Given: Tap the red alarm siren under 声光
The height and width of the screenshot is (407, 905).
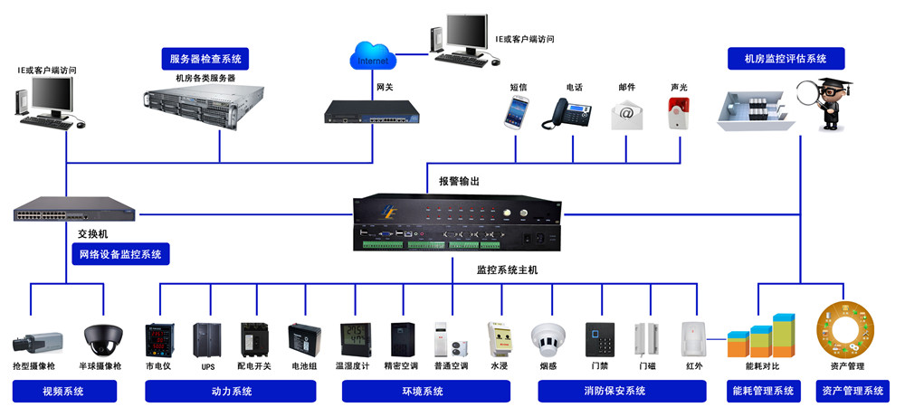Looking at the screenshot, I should click(x=677, y=115).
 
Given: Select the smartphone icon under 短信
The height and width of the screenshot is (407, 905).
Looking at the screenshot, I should click(x=517, y=115).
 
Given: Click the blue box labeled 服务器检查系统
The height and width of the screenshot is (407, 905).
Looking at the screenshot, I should click(x=206, y=59).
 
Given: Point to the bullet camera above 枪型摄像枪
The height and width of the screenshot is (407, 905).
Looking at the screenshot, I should click(x=37, y=341).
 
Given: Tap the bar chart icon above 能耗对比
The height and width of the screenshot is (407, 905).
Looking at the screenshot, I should click(x=762, y=336).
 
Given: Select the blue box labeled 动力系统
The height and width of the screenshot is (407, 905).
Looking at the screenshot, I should click(x=230, y=391).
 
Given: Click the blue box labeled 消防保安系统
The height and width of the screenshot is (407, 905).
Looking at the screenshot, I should click(x=622, y=391).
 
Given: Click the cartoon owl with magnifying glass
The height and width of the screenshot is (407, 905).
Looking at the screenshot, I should click(x=824, y=103).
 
